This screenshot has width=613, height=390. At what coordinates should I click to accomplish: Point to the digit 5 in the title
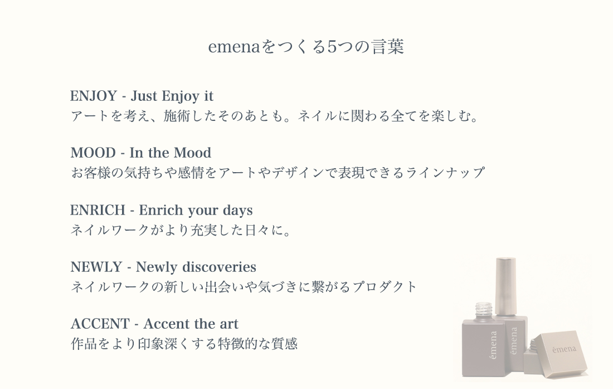tap(332, 47)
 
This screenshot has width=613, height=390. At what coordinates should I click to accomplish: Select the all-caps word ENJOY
tap(94, 96)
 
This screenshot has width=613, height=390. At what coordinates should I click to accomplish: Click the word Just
tap(144, 96)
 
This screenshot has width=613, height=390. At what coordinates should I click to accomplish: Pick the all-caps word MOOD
tap(93, 153)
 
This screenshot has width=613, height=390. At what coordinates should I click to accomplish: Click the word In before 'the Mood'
tap(136, 153)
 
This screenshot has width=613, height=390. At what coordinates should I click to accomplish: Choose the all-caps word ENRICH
tap(98, 210)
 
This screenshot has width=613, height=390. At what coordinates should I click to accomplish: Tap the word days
tap(238, 211)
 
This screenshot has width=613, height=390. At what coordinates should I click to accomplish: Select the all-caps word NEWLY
tap(96, 267)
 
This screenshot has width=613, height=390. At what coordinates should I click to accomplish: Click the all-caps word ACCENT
tap(100, 324)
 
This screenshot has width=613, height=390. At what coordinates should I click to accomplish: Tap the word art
tap(228, 324)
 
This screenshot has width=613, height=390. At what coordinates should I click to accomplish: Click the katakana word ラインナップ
tap(445, 172)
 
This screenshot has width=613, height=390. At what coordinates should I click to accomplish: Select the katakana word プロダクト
tap(385, 287)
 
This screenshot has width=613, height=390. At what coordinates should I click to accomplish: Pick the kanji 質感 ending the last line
tap(284, 344)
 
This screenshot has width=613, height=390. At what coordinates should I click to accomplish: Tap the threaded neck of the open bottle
tap(484, 311)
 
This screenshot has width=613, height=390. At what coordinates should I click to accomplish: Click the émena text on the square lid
tap(564, 349)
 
